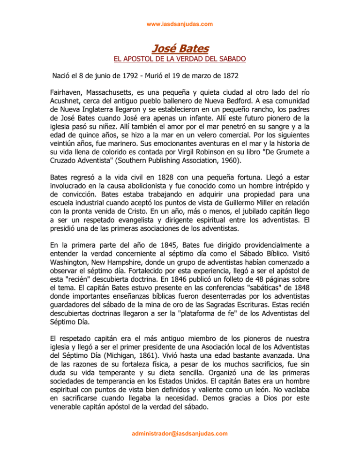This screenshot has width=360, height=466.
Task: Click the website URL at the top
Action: point(180,23)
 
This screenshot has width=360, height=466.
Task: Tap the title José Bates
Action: point(180,48)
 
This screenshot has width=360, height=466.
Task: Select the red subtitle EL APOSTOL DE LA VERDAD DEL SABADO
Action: point(180,60)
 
